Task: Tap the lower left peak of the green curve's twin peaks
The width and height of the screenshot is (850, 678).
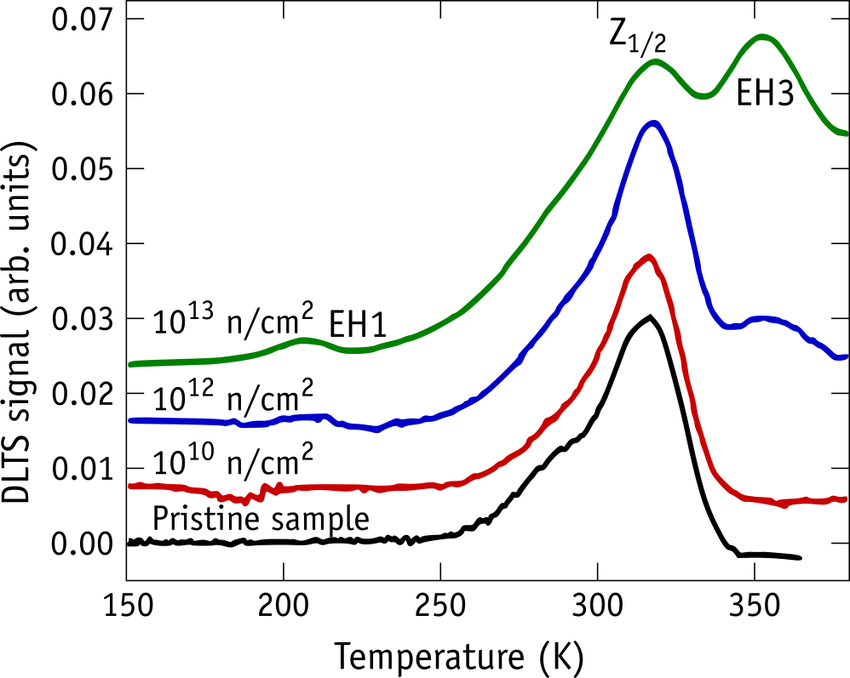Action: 654,61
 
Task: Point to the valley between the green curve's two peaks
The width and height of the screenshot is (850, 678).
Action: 703,96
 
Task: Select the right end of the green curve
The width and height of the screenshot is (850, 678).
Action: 844,134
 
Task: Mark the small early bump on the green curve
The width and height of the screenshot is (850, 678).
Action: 304,340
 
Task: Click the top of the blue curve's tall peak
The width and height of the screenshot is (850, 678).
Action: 652,124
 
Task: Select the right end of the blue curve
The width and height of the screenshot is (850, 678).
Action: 844,357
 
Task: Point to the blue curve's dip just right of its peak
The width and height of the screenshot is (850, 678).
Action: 729,326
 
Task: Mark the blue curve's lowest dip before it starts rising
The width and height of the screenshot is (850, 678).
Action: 376,430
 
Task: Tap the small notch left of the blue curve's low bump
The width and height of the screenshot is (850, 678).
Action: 244,424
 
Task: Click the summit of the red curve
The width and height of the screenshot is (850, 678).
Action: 648,257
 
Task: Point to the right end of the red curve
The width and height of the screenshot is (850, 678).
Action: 844,499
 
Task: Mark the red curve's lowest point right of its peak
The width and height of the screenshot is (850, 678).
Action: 784,506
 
